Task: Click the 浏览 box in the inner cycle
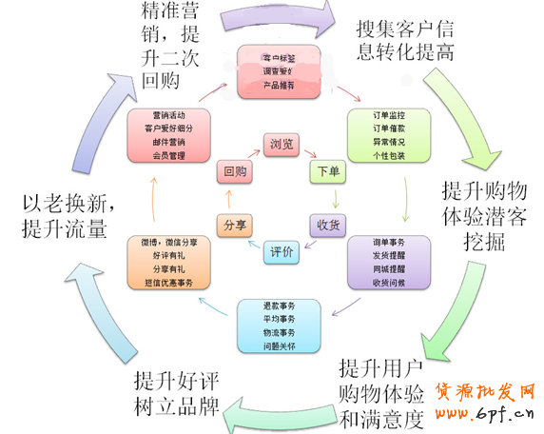click(282, 145)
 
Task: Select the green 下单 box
click(324, 172)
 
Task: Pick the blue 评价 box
click(282, 251)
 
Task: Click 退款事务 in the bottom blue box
click(280, 306)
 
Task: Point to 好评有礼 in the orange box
click(168, 256)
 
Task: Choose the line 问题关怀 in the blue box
click(280, 346)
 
